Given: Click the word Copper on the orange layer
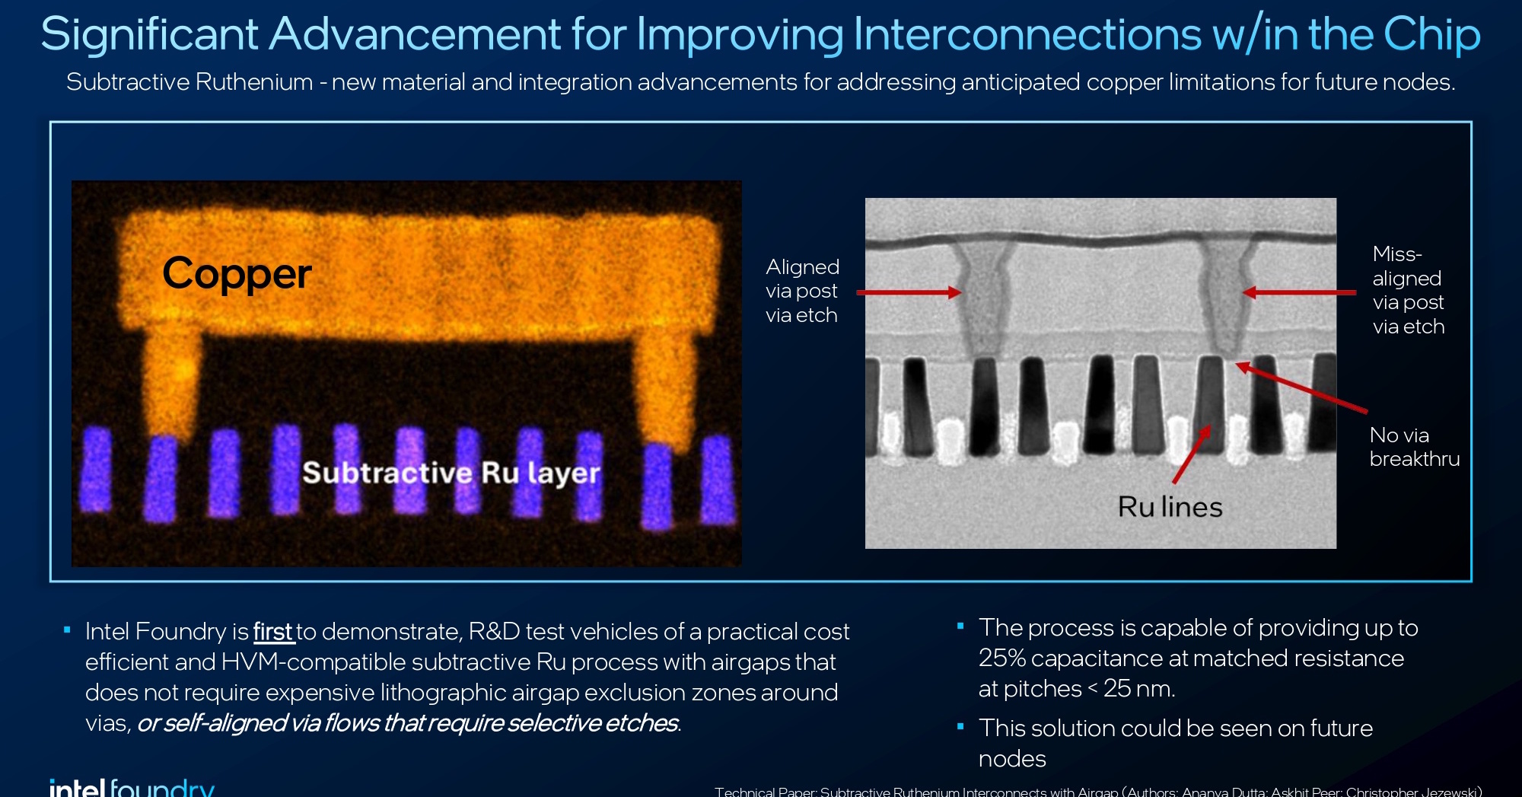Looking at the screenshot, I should [x=237, y=274].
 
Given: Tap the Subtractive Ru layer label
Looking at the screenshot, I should [x=451, y=473].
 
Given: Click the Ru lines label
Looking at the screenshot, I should [x=1170, y=507].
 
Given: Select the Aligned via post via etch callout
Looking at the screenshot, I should [x=802, y=291].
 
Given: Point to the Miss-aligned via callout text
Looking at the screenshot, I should [x=1408, y=290].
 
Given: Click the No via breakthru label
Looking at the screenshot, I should [x=1413, y=447].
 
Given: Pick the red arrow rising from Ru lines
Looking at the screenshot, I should [x=1191, y=454].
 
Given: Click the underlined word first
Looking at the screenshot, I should [x=273, y=632].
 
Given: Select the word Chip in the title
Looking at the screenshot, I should [x=1431, y=34].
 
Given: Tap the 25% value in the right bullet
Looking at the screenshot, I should [x=1001, y=658].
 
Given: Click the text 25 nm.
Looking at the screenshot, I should [x=1138, y=689].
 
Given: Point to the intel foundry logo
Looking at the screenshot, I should [x=131, y=787].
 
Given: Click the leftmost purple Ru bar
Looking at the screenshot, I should [x=97, y=470].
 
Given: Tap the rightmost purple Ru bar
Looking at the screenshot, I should [x=718, y=481].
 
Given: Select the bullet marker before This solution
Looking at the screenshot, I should [x=960, y=727].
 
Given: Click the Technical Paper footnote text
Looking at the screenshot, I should [x=1096, y=791].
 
